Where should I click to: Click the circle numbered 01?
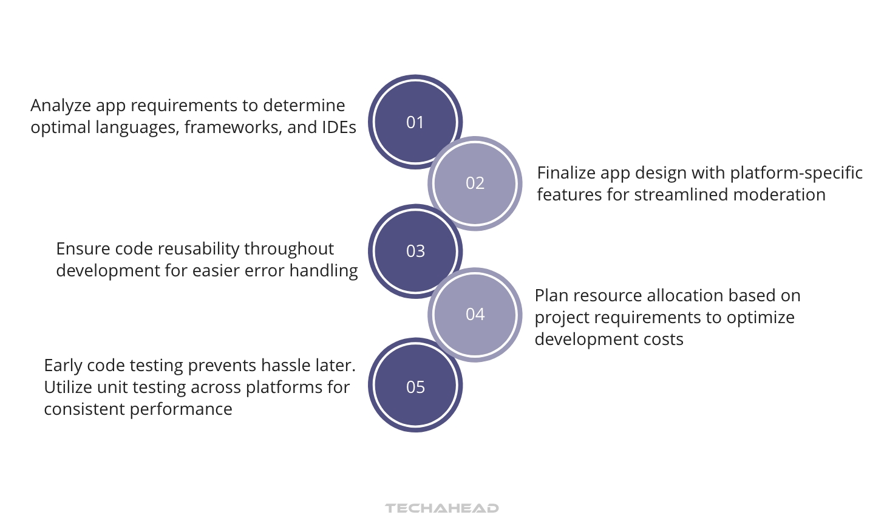(415, 122)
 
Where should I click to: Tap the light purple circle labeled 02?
(475, 183)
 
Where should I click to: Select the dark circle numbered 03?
(415, 251)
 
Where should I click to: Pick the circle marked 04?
(475, 315)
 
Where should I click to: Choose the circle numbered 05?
(415, 387)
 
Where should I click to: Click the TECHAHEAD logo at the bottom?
(442, 508)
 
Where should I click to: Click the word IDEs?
(339, 128)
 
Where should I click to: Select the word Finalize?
(566, 173)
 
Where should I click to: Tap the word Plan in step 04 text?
(551, 296)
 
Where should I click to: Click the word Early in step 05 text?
(63, 366)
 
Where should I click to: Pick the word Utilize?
(67, 388)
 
